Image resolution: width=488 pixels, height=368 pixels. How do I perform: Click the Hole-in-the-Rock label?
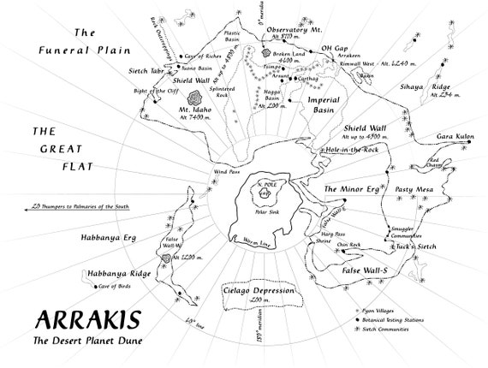(353, 149)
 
